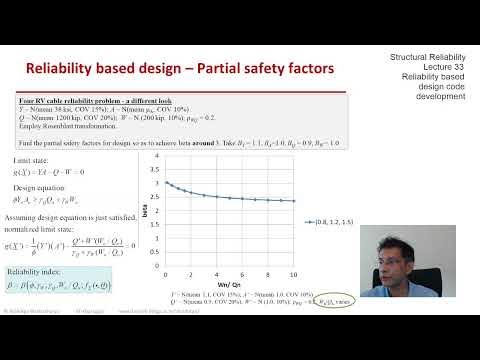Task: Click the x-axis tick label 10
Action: pos(322,274)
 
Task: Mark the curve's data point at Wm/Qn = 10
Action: pos(322,201)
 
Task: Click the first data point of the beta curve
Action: pos(165,183)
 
